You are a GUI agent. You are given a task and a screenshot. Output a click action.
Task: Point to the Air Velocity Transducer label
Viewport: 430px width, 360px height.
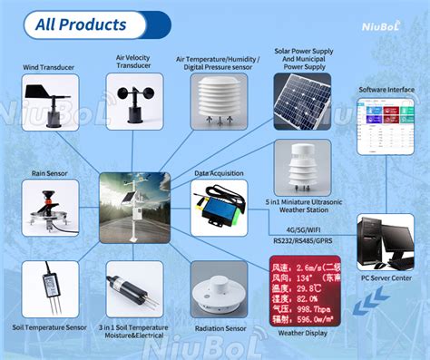(133, 61)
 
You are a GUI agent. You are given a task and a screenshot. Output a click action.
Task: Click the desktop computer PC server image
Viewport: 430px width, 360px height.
(386, 245)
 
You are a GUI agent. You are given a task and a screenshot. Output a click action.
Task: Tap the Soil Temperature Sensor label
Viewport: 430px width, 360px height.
(50, 326)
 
